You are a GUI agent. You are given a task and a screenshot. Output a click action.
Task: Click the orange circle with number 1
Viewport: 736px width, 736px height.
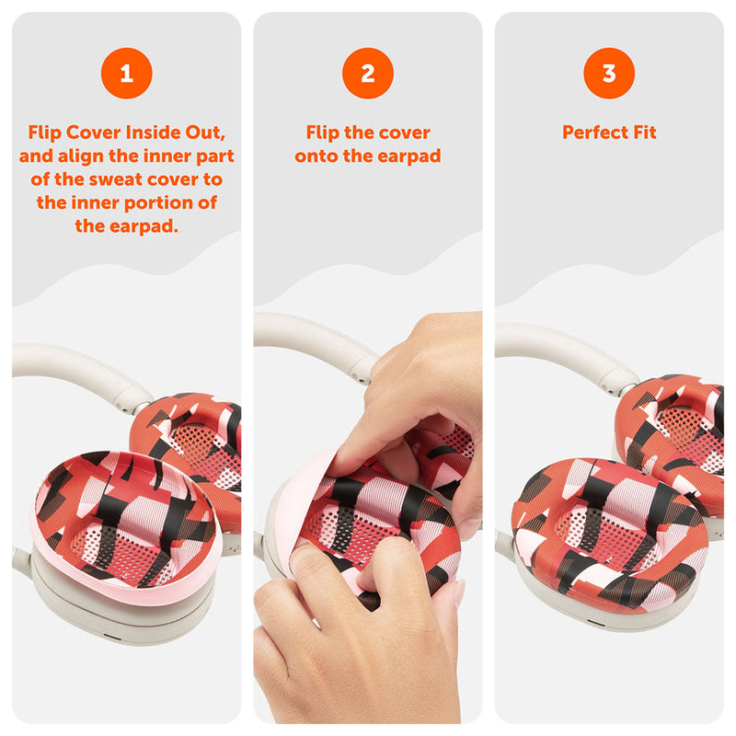[127, 74]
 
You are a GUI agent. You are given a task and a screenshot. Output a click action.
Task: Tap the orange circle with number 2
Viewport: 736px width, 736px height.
[368, 74]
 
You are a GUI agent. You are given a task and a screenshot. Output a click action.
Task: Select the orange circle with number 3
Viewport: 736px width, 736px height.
[609, 74]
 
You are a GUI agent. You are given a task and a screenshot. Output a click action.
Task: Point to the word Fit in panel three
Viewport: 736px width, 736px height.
[645, 132]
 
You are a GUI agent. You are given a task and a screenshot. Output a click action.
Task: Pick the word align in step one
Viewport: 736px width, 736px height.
[81, 156]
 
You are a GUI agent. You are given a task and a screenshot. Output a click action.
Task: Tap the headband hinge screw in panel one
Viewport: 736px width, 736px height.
[126, 408]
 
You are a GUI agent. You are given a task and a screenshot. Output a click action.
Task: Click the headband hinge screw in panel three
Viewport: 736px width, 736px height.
[609, 388]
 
